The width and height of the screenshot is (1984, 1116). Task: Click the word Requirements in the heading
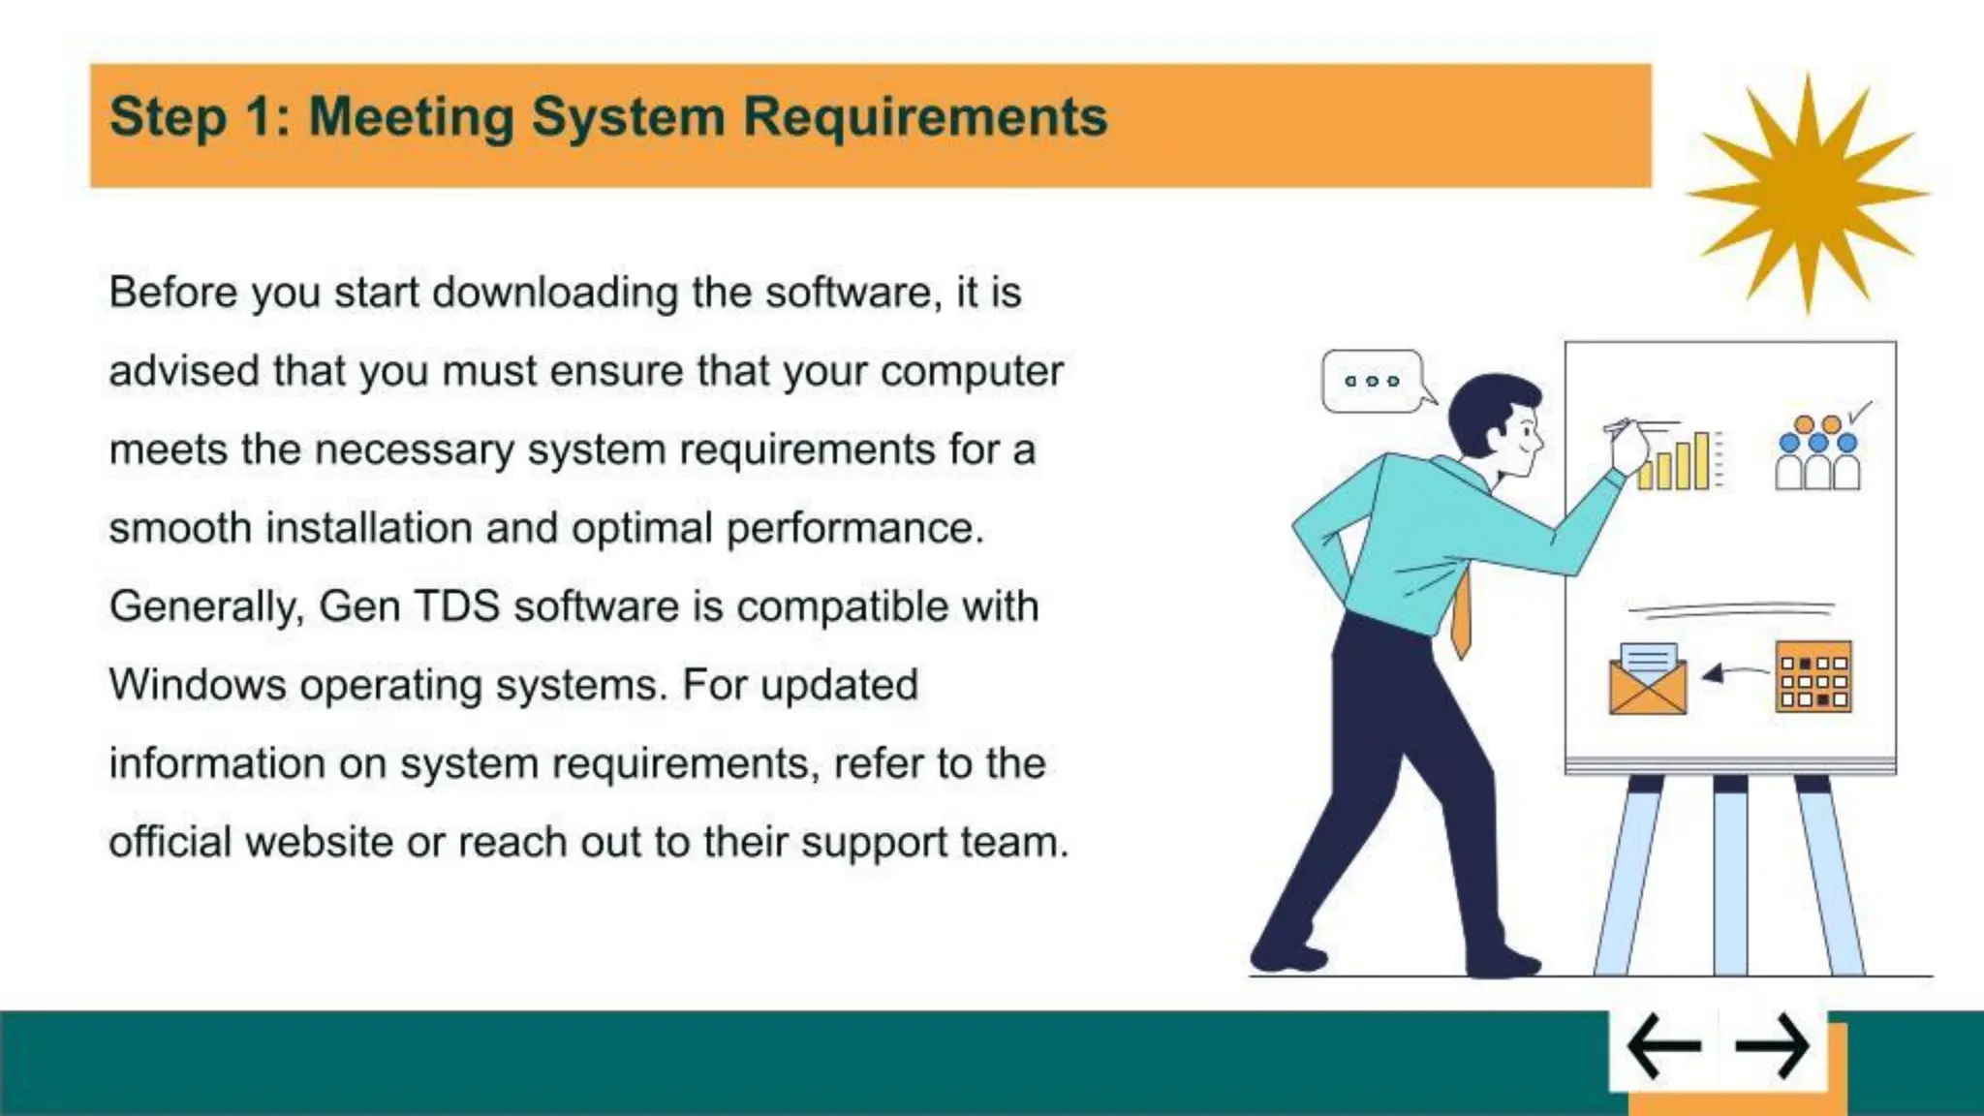924,117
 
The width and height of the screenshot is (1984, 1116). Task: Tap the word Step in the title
168,117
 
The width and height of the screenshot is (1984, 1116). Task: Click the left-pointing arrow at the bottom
1663,1046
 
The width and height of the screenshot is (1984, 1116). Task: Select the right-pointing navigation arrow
1772,1046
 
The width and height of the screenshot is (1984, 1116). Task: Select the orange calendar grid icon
1813,676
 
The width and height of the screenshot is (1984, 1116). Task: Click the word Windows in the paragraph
198,685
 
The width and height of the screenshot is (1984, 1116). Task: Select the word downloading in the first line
555,293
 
